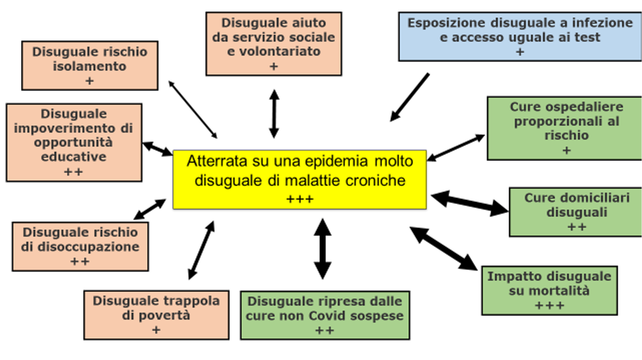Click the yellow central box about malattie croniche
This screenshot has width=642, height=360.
(x=300, y=179)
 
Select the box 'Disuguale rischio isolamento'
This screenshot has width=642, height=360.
(x=89, y=65)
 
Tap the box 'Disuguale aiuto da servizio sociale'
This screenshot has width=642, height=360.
(x=274, y=43)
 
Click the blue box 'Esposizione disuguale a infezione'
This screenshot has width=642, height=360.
(x=520, y=37)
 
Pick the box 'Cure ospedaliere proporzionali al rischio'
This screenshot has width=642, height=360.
(x=566, y=127)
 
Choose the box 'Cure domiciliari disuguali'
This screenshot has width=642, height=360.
(x=576, y=211)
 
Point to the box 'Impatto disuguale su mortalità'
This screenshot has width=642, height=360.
(x=549, y=290)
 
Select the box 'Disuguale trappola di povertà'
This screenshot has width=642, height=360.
(x=156, y=315)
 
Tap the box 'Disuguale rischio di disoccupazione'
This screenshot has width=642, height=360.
(x=80, y=246)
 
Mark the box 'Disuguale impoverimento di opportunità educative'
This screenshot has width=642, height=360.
(x=74, y=142)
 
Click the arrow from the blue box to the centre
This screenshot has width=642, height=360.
(x=409, y=97)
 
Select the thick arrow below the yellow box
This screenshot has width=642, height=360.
(x=322, y=248)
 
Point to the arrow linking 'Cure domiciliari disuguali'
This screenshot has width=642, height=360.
(x=470, y=204)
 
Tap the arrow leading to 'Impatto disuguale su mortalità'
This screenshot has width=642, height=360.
(x=443, y=248)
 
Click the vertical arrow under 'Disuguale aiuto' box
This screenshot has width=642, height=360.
(x=274, y=113)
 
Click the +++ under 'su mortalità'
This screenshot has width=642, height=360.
(x=549, y=306)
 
